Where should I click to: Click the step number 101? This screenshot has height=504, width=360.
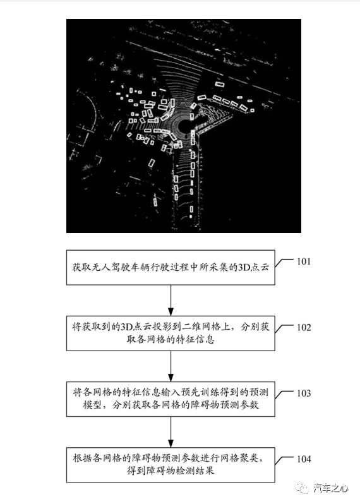(303, 261)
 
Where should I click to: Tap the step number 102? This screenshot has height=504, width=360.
(303, 327)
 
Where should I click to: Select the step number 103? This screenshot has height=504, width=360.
(303, 393)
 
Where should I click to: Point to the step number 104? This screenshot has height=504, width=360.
(303, 459)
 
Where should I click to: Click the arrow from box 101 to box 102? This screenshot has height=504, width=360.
(171, 300)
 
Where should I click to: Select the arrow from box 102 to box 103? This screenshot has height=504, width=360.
(171, 366)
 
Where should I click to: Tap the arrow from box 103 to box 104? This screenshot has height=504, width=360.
(171, 432)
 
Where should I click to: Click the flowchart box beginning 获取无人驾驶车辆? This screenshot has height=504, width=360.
(171, 267)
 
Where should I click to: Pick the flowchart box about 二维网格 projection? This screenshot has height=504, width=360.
(171, 333)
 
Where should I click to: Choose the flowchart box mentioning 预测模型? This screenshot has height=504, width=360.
(171, 399)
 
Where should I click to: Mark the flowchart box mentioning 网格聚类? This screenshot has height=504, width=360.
(171, 465)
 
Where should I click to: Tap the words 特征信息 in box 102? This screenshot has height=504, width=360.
(195, 339)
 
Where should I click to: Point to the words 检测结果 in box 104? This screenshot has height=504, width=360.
(195, 471)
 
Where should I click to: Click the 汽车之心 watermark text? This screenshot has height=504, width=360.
(331, 489)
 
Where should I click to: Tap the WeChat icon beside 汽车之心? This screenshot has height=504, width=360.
(303, 489)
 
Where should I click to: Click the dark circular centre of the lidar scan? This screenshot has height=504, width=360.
(184, 126)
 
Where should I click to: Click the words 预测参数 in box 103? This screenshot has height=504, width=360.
(240, 405)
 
